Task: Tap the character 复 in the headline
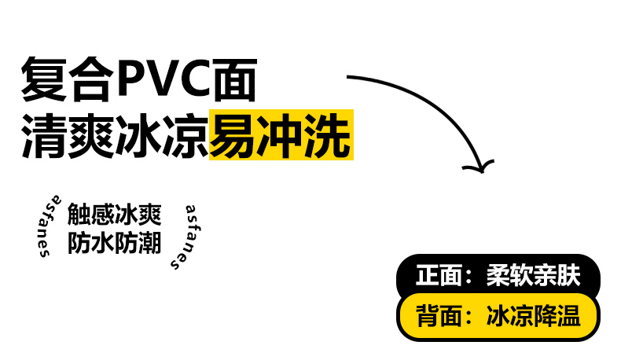[44, 79]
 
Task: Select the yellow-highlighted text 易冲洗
[281, 135]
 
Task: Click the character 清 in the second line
[44, 136]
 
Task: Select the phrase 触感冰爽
[115, 215]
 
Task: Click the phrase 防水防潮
[115, 242]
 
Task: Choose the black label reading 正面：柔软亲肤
[498, 275]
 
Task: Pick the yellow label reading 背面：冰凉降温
[498, 317]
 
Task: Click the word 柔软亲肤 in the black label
[533, 275]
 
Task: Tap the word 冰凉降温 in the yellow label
[533, 316]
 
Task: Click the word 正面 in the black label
[439, 275]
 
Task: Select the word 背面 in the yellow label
[439, 316]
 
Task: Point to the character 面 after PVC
[235, 79]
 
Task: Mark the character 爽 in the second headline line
[91, 136]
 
